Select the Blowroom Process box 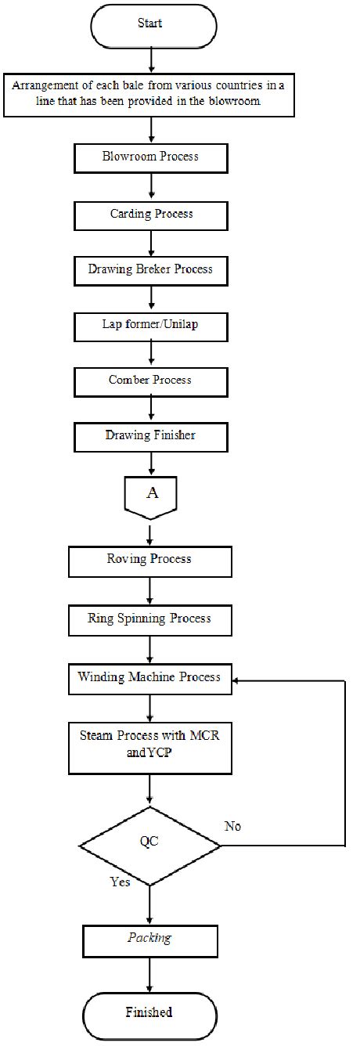pyautogui.click(x=150, y=157)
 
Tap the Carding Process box pyautogui.click(x=150, y=213)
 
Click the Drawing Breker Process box pyautogui.click(x=150, y=269)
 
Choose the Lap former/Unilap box pyautogui.click(x=150, y=323)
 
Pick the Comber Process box pyautogui.click(x=150, y=380)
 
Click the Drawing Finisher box pyautogui.click(x=150, y=435)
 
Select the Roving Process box pyautogui.click(x=150, y=561)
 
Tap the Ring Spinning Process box pyautogui.click(x=150, y=619)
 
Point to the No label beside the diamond pyautogui.click(x=232, y=826)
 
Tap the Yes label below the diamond pyautogui.click(x=120, y=882)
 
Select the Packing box pyautogui.click(x=150, y=937)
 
